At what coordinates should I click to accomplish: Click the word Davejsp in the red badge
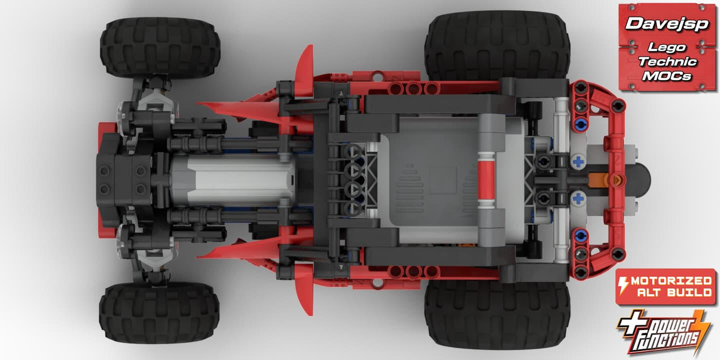[x=667, y=24]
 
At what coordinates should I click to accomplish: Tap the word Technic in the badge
[x=667, y=61]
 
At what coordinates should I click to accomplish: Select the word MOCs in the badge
[x=666, y=76]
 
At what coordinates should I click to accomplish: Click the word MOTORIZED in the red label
[x=671, y=281]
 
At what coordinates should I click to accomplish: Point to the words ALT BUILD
[x=674, y=292]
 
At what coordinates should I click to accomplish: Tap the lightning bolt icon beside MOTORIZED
[x=623, y=285]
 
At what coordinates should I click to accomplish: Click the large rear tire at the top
[x=497, y=45]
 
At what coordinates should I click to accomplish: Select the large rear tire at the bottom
[x=497, y=315]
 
